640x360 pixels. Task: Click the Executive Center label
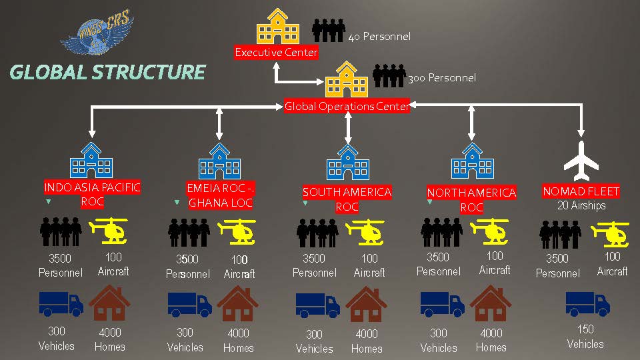coord(276,52)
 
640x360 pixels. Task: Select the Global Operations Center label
coord(347,106)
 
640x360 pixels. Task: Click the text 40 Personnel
coord(379,37)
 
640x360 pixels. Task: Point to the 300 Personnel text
coord(442,78)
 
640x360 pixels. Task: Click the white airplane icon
coord(582,161)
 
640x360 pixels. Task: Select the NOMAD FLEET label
coord(581,191)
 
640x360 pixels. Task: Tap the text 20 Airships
coord(581,205)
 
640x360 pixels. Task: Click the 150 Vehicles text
coord(585,337)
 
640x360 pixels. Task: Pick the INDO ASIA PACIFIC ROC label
coord(92,194)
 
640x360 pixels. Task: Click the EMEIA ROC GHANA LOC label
coord(220,195)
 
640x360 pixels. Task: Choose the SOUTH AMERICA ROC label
coord(347,199)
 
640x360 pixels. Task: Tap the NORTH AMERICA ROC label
coord(471,199)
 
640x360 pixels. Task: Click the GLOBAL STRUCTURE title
coord(107,72)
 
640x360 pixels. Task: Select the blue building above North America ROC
coord(473,161)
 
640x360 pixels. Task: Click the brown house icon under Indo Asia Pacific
coord(110,303)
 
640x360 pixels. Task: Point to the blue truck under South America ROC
coord(318,305)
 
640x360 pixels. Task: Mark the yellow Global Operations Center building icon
coord(347,79)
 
